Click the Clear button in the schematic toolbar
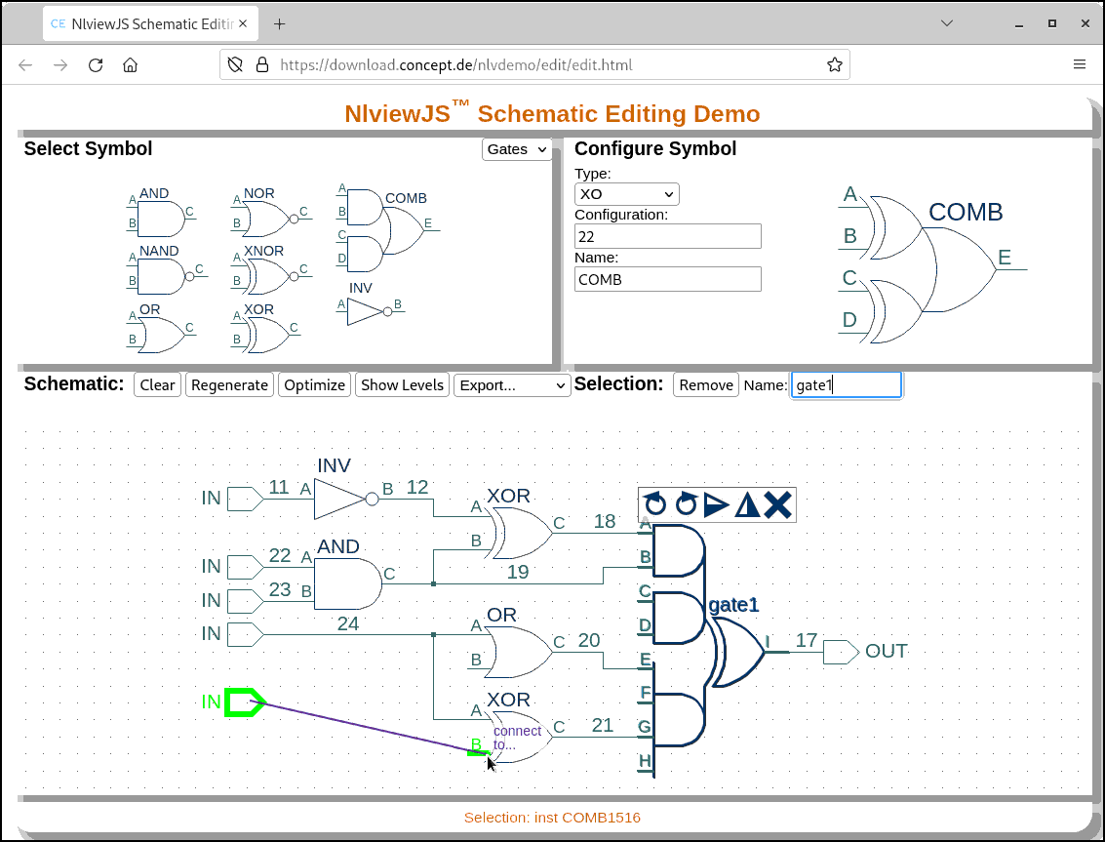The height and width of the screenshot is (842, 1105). tap(157, 385)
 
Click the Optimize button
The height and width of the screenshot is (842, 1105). tap(314, 385)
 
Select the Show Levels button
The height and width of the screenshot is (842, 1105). tap(402, 385)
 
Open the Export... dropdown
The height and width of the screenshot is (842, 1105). tap(512, 385)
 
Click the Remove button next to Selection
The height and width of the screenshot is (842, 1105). tap(706, 385)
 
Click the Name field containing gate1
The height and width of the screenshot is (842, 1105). tap(846, 385)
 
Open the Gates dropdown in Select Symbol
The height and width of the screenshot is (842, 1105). tap(516, 149)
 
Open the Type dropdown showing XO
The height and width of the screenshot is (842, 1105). tap(626, 194)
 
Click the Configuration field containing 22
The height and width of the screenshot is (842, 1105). tap(667, 236)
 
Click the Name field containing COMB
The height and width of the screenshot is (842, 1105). tap(667, 279)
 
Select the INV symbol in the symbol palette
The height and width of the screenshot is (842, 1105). tap(366, 311)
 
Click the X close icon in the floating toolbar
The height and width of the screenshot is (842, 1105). tap(777, 504)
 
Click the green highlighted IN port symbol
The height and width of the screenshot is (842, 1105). tap(244, 702)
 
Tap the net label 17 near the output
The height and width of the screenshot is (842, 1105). tap(807, 641)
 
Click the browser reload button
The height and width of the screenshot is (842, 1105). tap(96, 65)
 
